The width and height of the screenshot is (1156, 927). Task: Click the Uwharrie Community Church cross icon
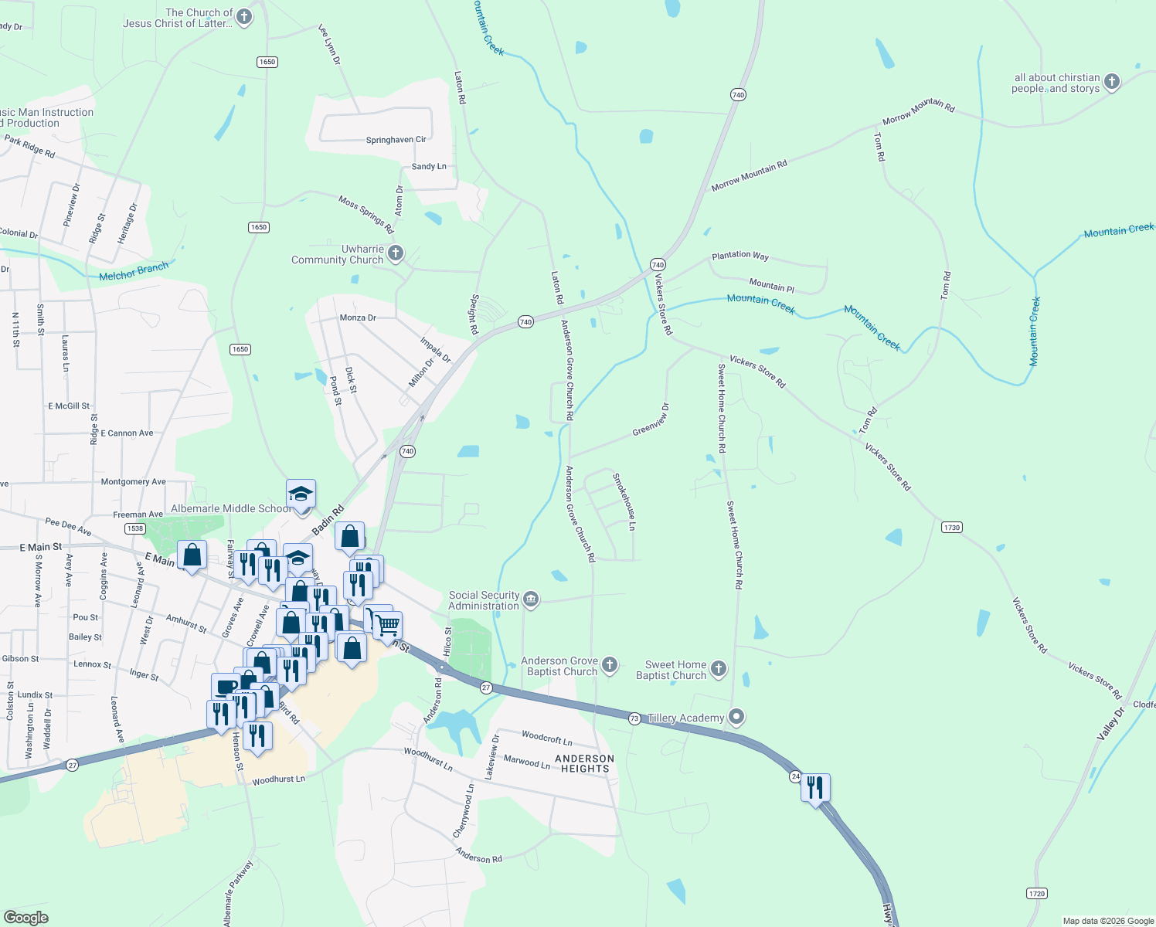coord(396,253)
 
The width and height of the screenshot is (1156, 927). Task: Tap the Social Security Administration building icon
coord(531,599)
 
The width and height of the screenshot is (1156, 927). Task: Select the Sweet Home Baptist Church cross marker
coord(719,668)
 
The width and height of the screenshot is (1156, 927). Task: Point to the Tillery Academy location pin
coord(737,718)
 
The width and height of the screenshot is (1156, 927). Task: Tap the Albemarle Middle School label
coord(231,508)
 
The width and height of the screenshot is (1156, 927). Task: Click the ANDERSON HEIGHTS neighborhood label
coord(585,763)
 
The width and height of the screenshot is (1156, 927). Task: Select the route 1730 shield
coord(951,528)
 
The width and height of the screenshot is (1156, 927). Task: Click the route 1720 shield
coord(1037,894)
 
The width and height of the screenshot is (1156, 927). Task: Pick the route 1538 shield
coord(135,528)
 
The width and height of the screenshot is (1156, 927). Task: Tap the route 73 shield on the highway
coord(634,718)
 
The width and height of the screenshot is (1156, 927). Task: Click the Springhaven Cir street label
coord(396,140)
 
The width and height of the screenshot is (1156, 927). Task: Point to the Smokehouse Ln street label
coord(624,501)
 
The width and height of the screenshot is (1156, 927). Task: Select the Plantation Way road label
coord(740,255)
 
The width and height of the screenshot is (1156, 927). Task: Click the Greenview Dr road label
coord(651,419)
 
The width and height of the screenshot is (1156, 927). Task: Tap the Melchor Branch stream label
coord(134,272)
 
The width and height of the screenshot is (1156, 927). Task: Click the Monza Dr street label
coord(358,317)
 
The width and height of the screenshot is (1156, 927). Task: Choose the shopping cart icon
coord(389,625)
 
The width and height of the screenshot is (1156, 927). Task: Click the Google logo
coord(26,917)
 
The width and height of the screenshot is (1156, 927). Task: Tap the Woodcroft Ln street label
coord(547,739)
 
